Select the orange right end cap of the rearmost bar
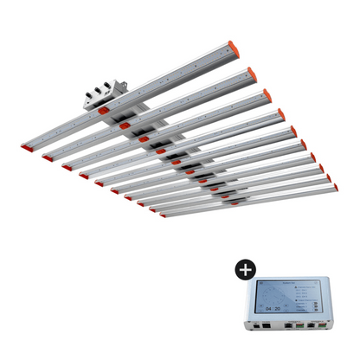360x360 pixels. click(232, 46)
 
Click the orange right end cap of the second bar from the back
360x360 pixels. click(251, 74)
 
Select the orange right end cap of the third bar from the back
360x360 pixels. click(266, 94)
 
